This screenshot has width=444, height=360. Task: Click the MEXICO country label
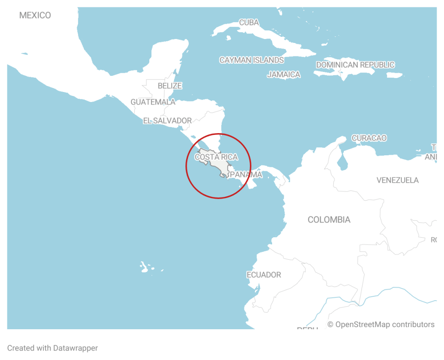point(35,16)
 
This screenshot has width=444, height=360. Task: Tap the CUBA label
point(249,23)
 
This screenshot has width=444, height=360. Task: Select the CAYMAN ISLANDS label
point(251,60)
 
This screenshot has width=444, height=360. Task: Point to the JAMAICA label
point(283,75)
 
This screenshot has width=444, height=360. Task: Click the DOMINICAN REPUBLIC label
point(355,65)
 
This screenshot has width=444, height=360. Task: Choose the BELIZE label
point(170,86)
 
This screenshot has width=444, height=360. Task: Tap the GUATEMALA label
point(153,102)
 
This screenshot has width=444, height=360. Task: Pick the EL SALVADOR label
point(167,121)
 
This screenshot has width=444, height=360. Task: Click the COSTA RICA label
point(216,157)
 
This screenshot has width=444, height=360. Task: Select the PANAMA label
point(246,175)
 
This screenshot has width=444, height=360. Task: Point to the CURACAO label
point(369,138)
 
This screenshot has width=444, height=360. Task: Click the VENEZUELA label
point(398,180)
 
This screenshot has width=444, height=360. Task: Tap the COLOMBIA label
point(329,220)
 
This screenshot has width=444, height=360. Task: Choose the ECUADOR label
point(264,275)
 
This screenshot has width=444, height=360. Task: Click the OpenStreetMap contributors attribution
point(381,324)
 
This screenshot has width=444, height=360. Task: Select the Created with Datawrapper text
point(53,348)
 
